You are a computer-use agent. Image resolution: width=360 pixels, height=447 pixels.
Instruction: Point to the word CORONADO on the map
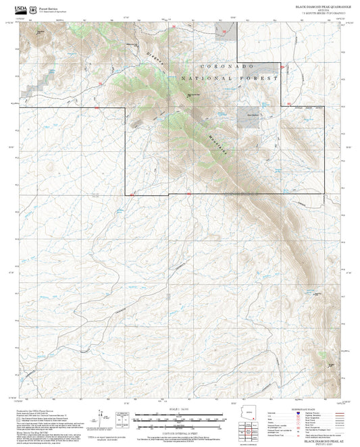point(227,67)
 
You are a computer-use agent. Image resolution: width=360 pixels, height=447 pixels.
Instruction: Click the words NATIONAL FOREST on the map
point(229,79)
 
